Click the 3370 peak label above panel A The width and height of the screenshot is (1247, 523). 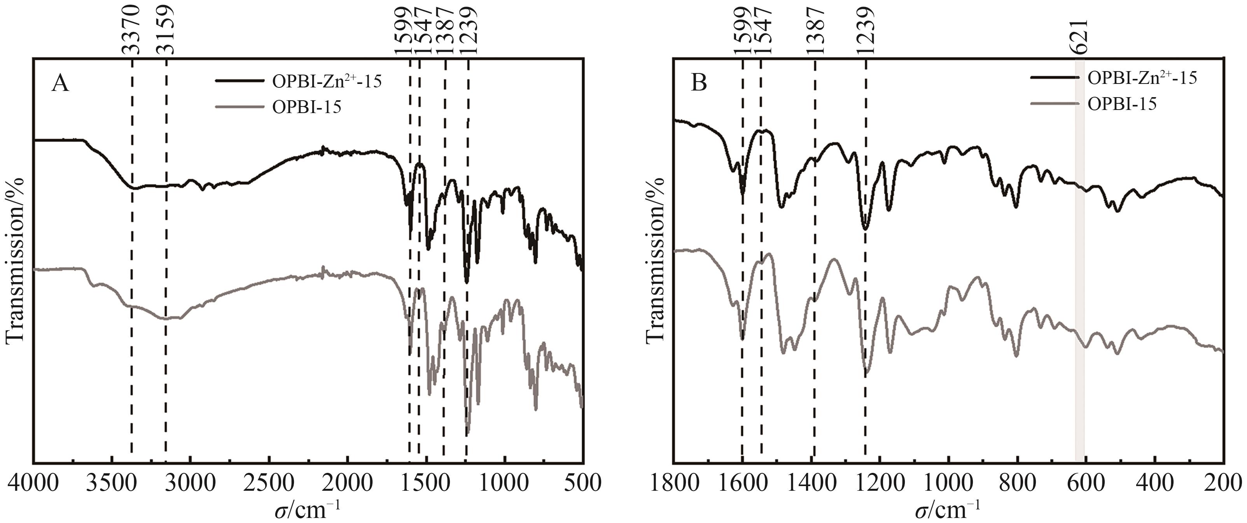tap(131, 30)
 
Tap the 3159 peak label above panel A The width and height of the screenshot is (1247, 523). tap(166, 30)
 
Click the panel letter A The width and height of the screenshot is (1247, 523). tap(60, 84)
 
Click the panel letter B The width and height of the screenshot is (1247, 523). tap(698, 83)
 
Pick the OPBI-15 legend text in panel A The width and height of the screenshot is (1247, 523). tap(306, 106)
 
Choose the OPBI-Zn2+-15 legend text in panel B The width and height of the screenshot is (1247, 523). tap(1142, 77)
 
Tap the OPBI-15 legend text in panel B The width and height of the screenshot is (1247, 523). tap(1122, 103)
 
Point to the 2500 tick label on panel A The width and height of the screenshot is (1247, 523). tap(269, 483)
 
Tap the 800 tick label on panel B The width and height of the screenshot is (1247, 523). tap(1017, 483)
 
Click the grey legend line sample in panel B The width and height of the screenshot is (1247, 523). tap(1055, 103)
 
